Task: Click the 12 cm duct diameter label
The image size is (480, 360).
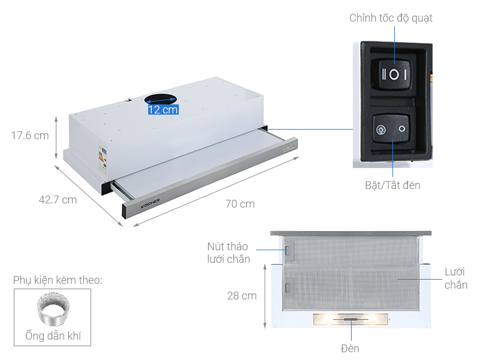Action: pyautogui.click(x=163, y=109)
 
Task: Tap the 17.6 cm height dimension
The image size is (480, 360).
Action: pyautogui.click(x=30, y=136)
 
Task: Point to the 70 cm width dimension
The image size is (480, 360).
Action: pyautogui.click(x=240, y=204)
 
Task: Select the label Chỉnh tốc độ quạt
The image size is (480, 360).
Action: pyautogui.click(x=391, y=18)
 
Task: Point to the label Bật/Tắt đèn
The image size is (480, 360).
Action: pyautogui.click(x=392, y=185)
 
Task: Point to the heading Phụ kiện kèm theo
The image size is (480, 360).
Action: pyautogui.click(x=57, y=280)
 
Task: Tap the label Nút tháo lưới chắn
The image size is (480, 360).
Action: pyautogui.click(x=229, y=253)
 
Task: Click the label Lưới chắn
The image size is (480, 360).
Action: pyautogui.click(x=455, y=278)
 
